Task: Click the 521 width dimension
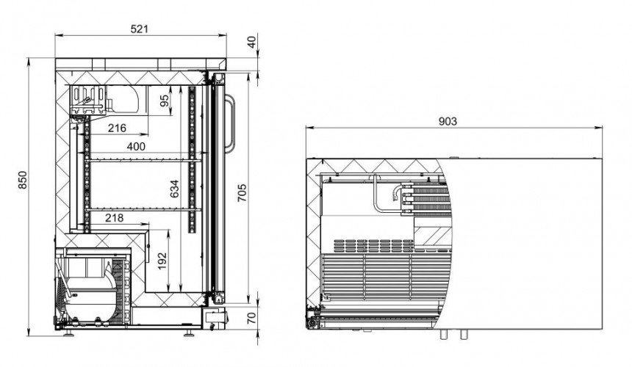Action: point(140,29)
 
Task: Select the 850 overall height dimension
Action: point(23,180)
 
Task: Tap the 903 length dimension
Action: point(448,121)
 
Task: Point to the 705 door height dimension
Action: point(242,193)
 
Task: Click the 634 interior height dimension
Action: point(174,189)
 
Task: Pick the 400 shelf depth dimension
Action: point(136,147)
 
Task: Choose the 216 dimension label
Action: point(117,128)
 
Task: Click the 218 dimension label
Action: point(114,218)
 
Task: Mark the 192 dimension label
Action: point(162,261)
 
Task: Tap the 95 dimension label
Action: point(165,101)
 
